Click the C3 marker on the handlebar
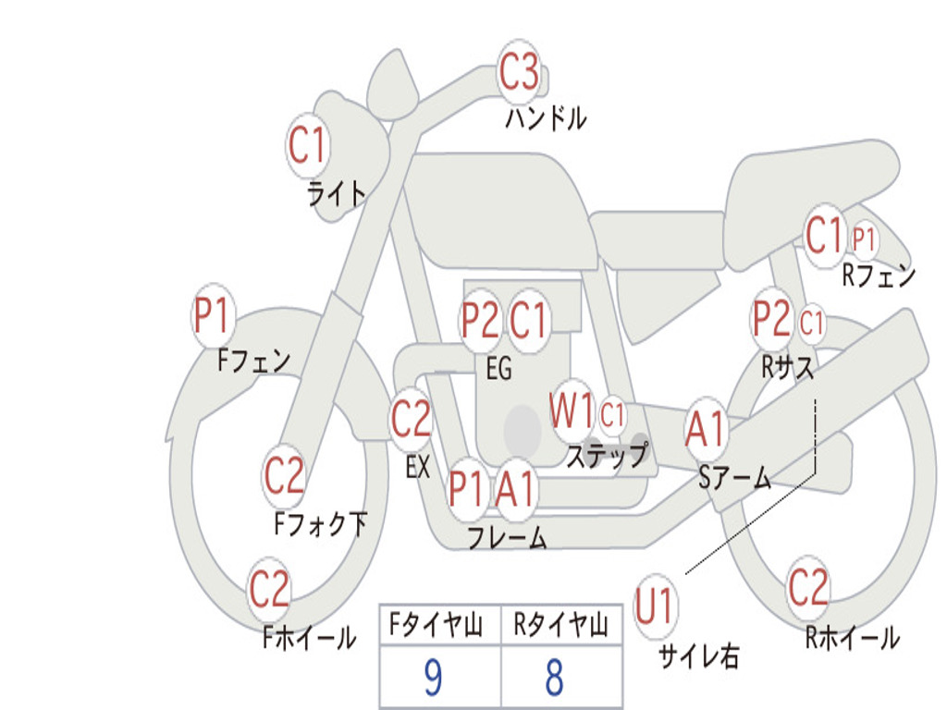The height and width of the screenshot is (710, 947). (x=519, y=71)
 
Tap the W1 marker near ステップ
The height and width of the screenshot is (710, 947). (x=572, y=412)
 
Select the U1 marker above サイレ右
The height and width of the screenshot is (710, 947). (x=655, y=606)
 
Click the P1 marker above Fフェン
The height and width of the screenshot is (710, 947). (x=213, y=315)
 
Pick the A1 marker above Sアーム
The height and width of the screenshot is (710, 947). (x=706, y=429)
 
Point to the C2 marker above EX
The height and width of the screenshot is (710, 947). (x=411, y=419)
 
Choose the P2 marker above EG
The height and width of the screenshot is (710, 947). (x=480, y=320)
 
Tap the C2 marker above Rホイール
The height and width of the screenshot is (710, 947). (x=808, y=587)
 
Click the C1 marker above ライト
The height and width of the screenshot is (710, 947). (x=307, y=145)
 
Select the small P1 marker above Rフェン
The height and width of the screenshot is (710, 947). (x=865, y=239)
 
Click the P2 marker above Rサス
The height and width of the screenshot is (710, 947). (x=772, y=318)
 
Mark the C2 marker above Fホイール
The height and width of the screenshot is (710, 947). (x=269, y=589)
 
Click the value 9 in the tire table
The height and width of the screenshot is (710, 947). (x=433, y=677)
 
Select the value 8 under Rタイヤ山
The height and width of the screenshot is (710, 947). (x=555, y=677)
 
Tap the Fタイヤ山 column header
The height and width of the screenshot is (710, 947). (x=437, y=625)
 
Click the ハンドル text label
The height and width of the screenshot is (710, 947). (x=546, y=117)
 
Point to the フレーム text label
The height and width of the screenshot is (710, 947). (x=508, y=537)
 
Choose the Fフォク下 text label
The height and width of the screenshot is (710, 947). (x=321, y=524)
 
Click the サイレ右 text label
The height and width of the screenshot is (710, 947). (x=699, y=655)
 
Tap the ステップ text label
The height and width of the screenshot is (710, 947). (x=608, y=455)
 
